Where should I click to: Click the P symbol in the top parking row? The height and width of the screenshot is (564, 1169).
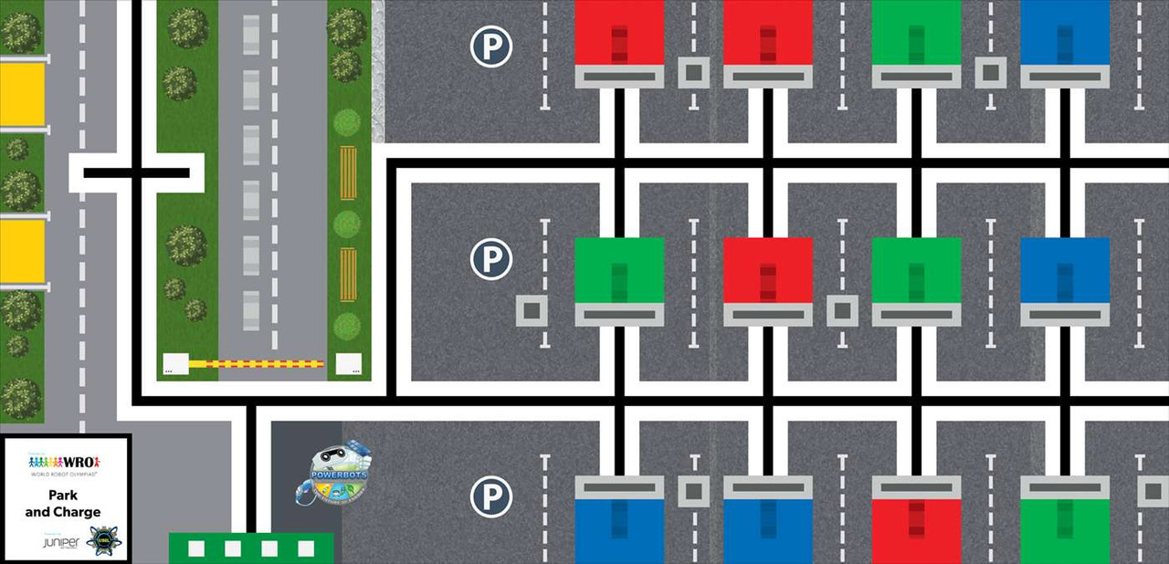coord(490,47)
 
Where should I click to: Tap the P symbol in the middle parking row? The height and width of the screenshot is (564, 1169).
coord(490,259)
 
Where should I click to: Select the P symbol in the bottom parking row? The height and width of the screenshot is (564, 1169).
coord(490,497)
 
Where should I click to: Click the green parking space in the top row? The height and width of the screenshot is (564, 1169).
coord(916,33)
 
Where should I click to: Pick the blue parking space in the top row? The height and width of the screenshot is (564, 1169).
coord(1065,33)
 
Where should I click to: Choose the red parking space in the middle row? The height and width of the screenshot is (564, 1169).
coord(767,270)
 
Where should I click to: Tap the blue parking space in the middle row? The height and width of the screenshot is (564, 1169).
coord(1065,270)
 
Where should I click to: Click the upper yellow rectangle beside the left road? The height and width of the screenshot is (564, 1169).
coord(22,94)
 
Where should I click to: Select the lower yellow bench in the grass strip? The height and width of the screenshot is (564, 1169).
coord(348,273)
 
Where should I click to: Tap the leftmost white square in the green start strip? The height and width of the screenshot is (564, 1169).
coord(195,548)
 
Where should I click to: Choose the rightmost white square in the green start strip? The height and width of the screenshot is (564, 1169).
coord(306,548)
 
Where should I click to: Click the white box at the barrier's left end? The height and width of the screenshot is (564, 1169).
coord(175,364)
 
